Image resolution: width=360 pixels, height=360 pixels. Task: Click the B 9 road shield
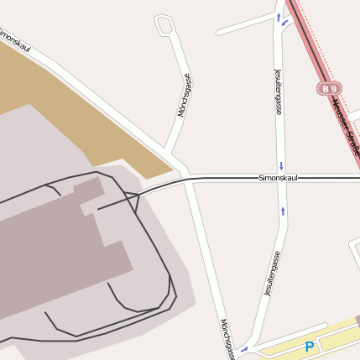329,88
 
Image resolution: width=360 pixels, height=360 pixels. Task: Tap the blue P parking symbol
310,346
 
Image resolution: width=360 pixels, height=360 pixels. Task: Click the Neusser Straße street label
344,126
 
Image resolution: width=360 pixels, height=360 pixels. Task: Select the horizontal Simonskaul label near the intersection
278,178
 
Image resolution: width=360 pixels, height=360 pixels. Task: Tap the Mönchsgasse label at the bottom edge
225,339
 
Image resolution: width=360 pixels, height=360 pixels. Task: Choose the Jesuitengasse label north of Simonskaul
278,92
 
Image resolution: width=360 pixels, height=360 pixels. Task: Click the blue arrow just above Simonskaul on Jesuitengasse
281,165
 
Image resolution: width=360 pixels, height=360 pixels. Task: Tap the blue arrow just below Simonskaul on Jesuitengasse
283,210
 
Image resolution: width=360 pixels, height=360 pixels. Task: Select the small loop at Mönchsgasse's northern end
165,25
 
